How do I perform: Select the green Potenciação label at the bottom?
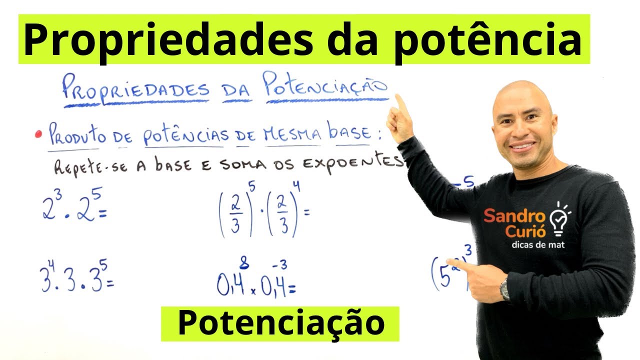coord(280,323)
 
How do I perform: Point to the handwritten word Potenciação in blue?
coord(325,87)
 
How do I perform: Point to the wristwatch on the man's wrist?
coord(505,290)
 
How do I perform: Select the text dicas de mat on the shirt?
coord(538,245)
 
